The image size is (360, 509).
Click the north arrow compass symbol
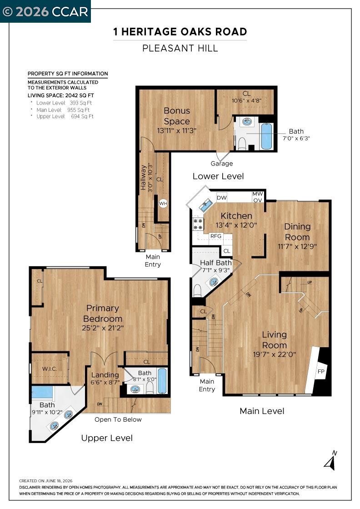(331, 460)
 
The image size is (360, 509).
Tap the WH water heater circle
(163, 204)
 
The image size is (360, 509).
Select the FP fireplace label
(321, 371)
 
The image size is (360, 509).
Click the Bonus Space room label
(177, 116)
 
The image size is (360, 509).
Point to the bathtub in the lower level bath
(266, 136)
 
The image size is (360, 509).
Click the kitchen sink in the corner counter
(206, 205)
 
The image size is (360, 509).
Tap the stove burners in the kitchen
(198, 224)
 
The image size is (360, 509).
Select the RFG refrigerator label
(216, 236)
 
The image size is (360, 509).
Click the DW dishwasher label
(222, 198)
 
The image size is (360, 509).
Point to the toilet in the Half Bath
(197, 291)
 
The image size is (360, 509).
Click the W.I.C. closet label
(50, 369)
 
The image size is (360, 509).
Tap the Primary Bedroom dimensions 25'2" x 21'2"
(103, 328)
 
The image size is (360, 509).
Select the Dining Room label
(297, 232)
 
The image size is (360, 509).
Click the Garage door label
(222, 164)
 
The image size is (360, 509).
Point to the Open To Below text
(118, 419)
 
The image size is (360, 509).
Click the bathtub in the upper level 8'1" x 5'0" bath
(162, 381)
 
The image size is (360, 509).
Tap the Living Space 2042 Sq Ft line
(61, 95)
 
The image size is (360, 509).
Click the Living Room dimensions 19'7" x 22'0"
(274, 354)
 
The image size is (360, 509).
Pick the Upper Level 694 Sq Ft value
(82, 116)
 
